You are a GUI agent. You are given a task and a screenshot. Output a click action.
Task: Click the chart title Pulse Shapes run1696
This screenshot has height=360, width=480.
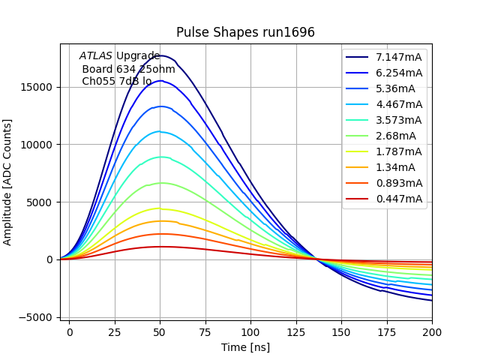245,32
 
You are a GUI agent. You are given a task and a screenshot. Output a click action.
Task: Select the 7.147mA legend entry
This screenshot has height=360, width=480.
399,57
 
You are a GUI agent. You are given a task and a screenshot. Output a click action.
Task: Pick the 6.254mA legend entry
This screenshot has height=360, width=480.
399,73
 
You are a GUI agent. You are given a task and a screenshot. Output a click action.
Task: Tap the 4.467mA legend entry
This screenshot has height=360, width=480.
399,104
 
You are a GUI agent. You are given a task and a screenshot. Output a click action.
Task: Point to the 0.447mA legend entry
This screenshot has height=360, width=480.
399,199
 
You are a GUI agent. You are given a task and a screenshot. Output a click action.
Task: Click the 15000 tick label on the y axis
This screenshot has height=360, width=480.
37,87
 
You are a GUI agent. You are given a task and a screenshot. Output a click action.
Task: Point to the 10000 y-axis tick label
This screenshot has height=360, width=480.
37,145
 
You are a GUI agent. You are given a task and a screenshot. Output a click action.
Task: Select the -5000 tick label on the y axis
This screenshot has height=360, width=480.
35,317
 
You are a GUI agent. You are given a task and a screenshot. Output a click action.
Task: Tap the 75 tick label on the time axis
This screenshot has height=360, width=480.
205,331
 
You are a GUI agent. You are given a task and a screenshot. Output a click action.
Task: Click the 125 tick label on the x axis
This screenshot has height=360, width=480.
296,331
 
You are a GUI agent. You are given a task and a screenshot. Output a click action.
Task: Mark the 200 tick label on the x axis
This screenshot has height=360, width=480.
432,331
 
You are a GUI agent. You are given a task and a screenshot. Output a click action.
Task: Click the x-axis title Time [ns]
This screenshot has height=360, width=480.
245,347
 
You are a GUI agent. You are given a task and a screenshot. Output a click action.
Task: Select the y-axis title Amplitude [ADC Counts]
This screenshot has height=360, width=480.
8,182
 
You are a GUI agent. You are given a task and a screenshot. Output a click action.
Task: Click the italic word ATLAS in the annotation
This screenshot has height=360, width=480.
96,55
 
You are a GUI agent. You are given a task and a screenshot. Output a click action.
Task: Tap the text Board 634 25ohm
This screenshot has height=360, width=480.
128,69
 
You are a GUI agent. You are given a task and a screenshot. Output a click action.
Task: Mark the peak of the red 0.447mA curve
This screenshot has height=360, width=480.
160,246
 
